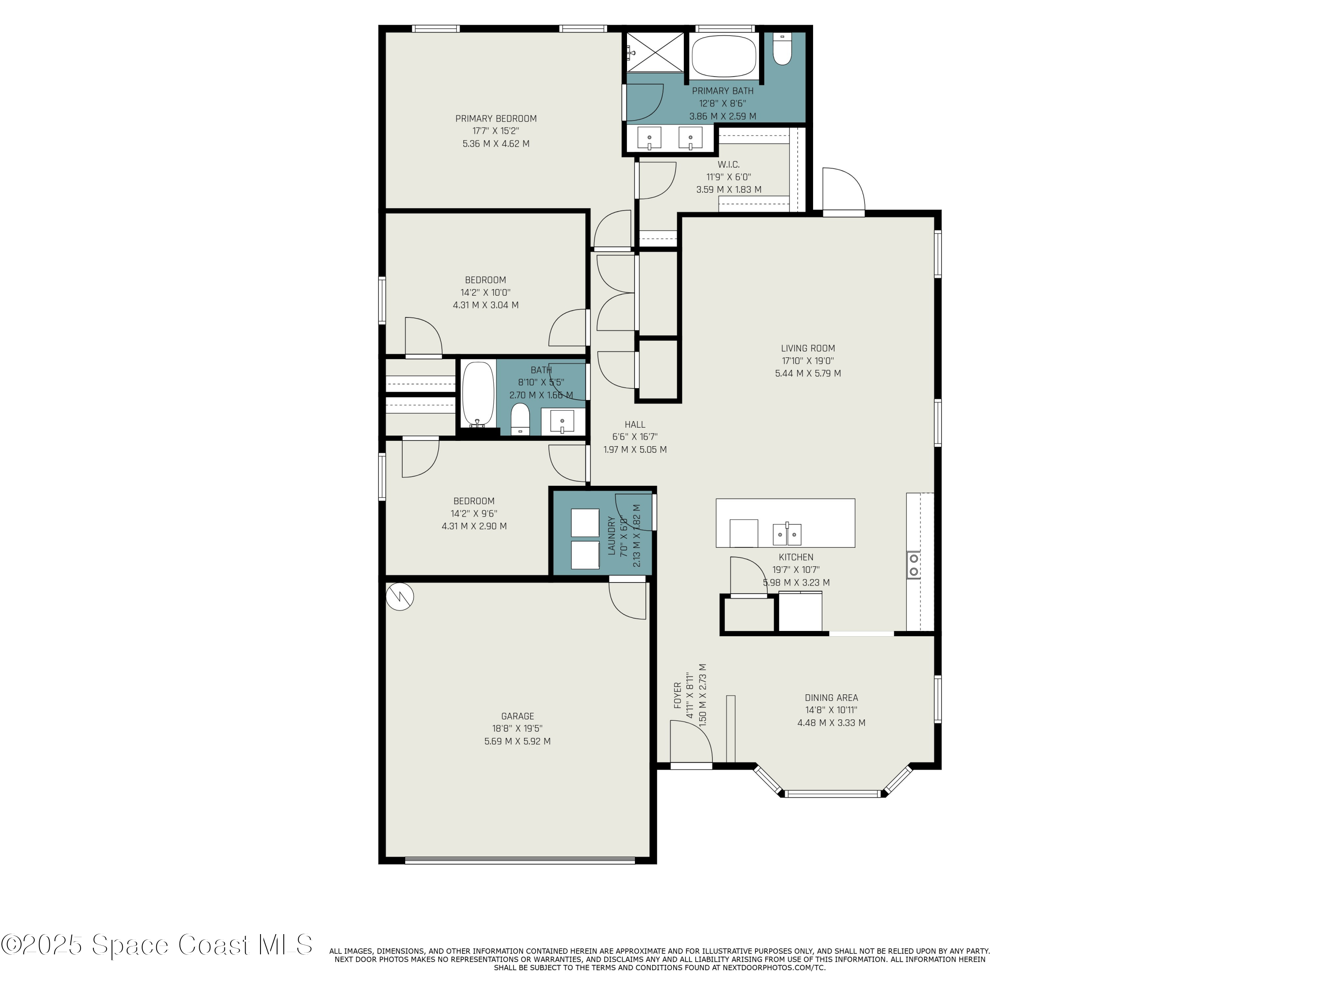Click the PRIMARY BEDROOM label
(x=496, y=119)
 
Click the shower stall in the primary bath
(x=655, y=52)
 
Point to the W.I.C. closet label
(x=729, y=165)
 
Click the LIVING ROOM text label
(x=808, y=348)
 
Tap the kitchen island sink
(x=787, y=534)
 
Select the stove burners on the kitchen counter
(x=913, y=565)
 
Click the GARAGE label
(x=517, y=716)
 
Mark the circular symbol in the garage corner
(x=400, y=596)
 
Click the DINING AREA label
(x=831, y=697)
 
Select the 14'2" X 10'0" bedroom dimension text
(x=485, y=293)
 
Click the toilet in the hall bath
(x=521, y=419)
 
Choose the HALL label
(x=635, y=424)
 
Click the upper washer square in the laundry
(x=585, y=523)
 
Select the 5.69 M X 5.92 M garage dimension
(x=517, y=741)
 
